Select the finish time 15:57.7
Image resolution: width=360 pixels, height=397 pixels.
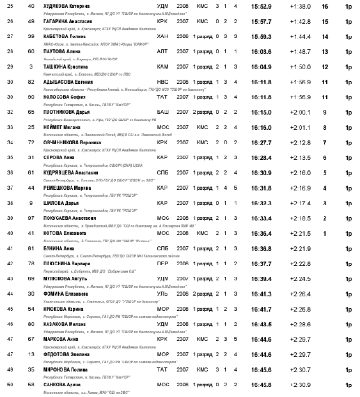click(x=261, y=22)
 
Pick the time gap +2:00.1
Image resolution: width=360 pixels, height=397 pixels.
click(x=300, y=112)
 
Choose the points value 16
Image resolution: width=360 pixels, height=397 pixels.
click(x=325, y=6)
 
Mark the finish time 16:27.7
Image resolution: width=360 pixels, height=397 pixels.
click(x=261, y=142)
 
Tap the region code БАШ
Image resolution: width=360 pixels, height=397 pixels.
click(x=162, y=112)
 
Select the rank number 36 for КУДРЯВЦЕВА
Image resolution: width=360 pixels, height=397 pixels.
click(x=12, y=172)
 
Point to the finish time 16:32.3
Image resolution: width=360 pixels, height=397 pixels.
click(x=261, y=203)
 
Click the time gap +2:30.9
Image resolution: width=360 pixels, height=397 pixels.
click(x=300, y=384)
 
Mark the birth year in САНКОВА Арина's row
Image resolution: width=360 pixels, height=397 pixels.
click(x=182, y=384)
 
